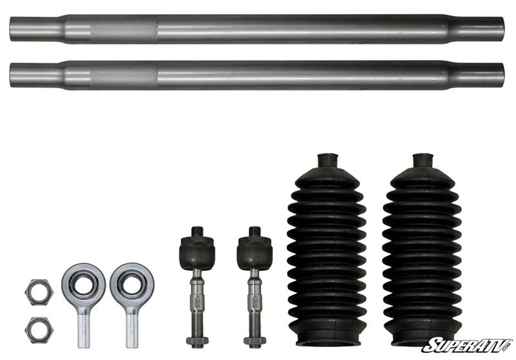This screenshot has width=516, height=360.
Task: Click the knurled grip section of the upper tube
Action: (124, 29)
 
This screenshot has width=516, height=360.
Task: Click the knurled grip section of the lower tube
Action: (124, 75)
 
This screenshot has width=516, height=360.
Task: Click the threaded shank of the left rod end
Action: (84, 330)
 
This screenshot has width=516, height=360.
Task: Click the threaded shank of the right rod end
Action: (132, 330)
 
